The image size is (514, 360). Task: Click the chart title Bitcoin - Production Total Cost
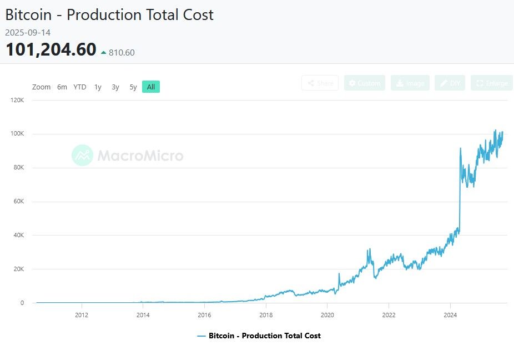coord(109,15)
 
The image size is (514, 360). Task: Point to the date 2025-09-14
coord(28,33)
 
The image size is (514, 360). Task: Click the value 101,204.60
coord(51,49)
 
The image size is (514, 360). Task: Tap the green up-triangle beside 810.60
coord(103,53)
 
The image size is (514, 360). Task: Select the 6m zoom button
coord(62,87)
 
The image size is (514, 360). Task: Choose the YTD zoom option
coord(80,87)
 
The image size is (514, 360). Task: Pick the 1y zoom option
coord(98,87)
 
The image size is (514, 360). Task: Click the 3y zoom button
coord(115,87)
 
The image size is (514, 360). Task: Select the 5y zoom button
coord(133,87)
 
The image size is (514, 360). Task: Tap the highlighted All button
coord(151,87)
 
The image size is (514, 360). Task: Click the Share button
coord(320,83)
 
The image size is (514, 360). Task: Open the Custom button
coord(365,83)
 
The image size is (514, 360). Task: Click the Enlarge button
coord(492,83)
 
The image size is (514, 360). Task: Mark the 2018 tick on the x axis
coord(266,314)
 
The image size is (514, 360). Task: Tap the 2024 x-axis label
coord(450,314)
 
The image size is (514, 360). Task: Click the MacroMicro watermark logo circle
coord(82,155)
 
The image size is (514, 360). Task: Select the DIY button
coord(450,83)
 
